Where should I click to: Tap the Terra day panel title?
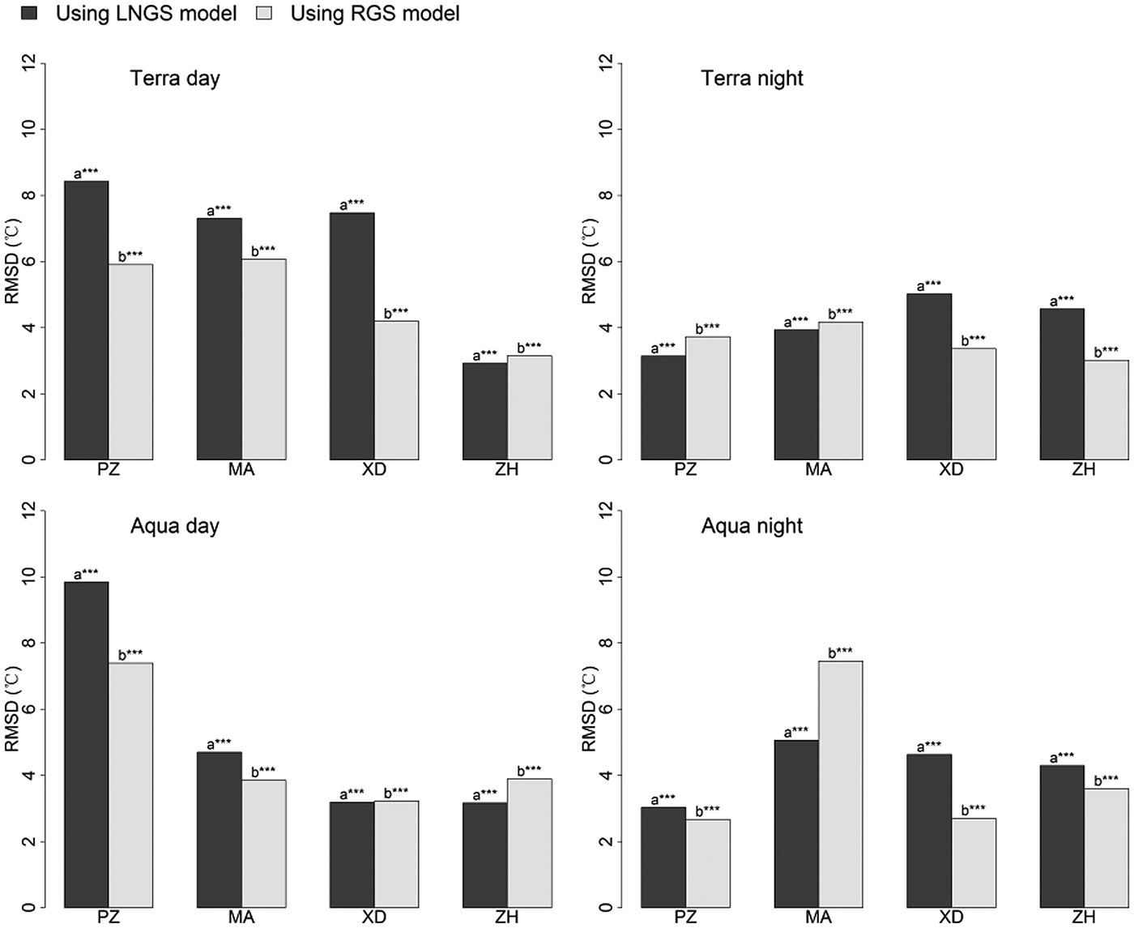pyautogui.click(x=175, y=79)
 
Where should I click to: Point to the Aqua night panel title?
pyautogui.click(x=752, y=526)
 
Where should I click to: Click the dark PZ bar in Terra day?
pyautogui.click(x=87, y=320)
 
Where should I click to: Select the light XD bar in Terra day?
pyautogui.click(x=396, y=391)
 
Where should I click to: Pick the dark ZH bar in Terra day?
pyautogui.click(x=484, y=411)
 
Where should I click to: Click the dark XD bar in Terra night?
pyautogui.click(x=929, y=377)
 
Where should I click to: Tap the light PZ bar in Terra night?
pyautogui.click(x=708, y=398)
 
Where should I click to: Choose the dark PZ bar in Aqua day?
pyautogui.click(x=87, y=744)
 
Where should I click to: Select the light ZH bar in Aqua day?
pyautogui.click(x=530, y=843)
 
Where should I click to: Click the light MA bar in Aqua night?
pyautogui.click(x=840, y=784)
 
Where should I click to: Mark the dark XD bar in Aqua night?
pyautogui.click(x=929, y=831)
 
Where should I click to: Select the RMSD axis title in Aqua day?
pyautogui.click(x=13, y=708)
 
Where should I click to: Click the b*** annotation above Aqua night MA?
pyautogui.click(x=840, y=652)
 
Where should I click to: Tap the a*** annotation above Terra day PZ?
pyautogui.click(x=86, y=173)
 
